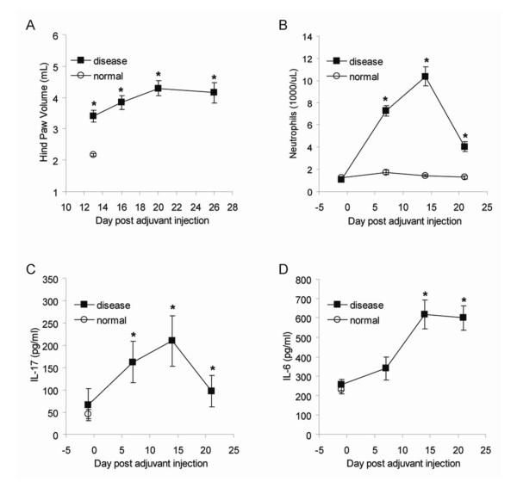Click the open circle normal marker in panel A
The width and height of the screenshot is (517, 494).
pyautogui.click(x=92, y=154)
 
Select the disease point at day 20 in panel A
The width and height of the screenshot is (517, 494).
pyautogui.click(x=158, y=89)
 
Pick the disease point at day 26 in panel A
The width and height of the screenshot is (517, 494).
pyautogui.click(x=214, y=92)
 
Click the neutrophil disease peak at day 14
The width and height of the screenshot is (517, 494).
pyautogui.click(x=425, y=77)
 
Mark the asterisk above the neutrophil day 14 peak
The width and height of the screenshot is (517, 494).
pyautogui.click(x=425, y=61)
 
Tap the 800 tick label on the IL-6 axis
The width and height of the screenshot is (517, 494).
pyautogui.click(x=313, y=280)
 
